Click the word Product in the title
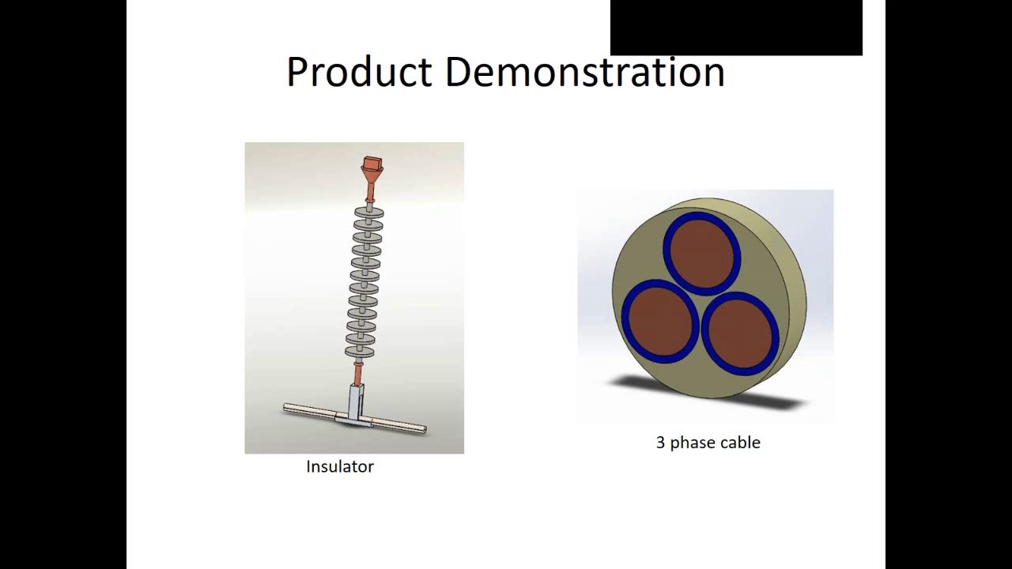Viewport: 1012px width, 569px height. [x=360, y=72]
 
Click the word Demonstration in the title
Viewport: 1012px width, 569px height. [x=584, y=72]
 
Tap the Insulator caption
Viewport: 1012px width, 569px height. [x=340, y=466]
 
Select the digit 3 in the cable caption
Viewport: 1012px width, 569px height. [x=660, y=443]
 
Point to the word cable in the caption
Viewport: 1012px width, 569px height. [x=740, y=443]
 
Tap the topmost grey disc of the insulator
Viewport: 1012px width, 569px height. [x=368, y=212]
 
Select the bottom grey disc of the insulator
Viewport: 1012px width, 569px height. [x=360, y=352]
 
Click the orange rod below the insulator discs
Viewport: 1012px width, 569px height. [x=358, y=371]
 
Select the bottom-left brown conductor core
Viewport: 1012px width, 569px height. [x=659, y=321]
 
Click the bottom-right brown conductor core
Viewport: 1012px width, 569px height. [x=740, y=333]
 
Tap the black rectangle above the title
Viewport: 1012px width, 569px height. [x=735, y=28]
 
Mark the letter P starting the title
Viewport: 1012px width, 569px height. [x=296, y=72]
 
